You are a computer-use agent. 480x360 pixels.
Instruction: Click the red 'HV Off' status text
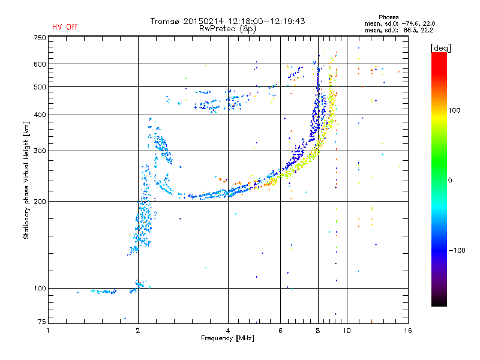65,27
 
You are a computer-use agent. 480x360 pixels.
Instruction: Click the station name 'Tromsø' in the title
165,21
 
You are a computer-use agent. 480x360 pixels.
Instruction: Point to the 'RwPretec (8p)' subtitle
227,29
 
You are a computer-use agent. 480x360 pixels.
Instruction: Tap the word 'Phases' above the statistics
388,17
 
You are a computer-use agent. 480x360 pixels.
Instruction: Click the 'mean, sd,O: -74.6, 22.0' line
400,23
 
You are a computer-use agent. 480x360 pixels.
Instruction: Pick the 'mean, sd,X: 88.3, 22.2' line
399,30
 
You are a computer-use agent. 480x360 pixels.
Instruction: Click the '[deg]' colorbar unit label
440,48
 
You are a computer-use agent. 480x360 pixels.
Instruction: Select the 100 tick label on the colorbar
454,110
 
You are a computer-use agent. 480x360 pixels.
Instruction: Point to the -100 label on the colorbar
457,250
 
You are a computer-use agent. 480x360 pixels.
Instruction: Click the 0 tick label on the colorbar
450,181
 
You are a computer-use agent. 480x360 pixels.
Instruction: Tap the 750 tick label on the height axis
40,38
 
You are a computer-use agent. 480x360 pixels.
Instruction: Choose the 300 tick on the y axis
40,151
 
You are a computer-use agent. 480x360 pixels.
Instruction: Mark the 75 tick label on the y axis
42,322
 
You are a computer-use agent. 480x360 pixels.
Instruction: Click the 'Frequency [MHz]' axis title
227,338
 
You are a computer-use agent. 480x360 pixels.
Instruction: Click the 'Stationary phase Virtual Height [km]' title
26,180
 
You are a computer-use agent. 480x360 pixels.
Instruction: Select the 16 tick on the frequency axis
408,331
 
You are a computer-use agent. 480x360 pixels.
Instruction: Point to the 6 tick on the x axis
280,331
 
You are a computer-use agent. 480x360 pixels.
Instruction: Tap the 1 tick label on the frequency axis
48,331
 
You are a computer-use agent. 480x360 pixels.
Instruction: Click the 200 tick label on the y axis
40,201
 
